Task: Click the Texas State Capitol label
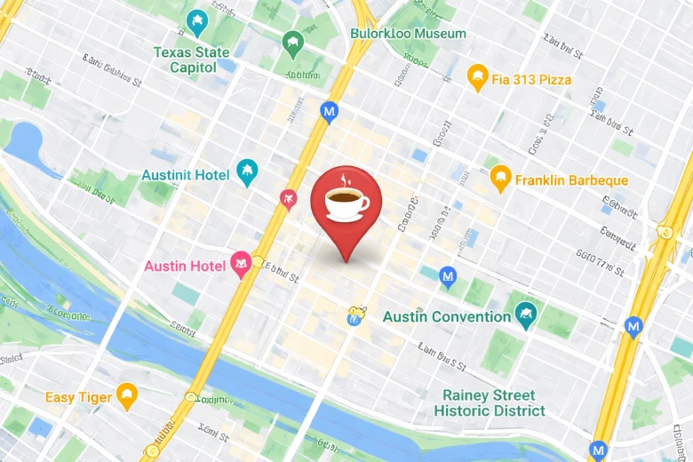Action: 185,60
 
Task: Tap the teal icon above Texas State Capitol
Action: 196,21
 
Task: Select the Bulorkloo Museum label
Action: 408,34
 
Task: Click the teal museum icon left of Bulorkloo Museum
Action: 291,42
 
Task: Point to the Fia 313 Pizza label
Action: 531,80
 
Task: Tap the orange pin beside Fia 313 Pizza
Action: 478,77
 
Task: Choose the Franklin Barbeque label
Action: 571,180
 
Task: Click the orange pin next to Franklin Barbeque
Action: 500,178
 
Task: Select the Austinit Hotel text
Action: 185,175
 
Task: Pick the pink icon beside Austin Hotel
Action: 240,264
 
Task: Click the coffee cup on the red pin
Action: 346,201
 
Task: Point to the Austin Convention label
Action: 447,317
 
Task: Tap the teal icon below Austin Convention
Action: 525,315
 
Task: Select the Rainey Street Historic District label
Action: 490,402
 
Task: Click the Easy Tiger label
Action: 79,397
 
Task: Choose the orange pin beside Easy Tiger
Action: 128,395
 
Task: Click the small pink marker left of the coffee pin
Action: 287,199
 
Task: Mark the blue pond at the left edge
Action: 26,141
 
